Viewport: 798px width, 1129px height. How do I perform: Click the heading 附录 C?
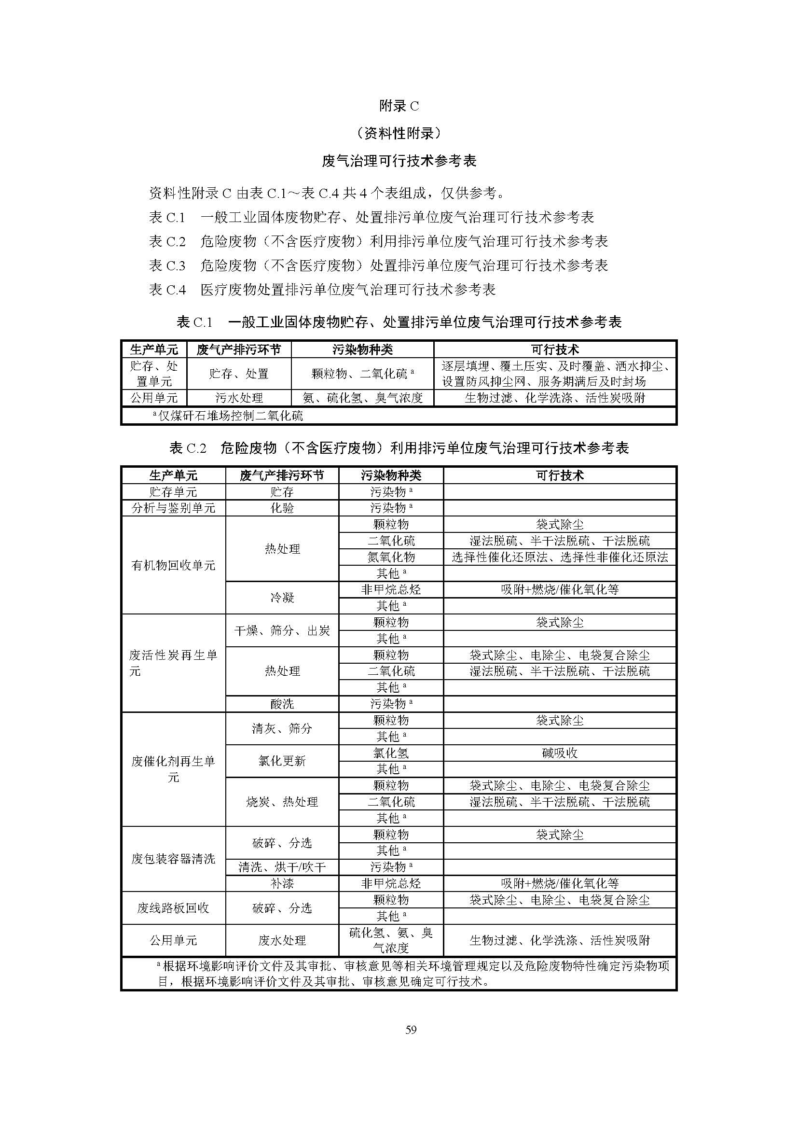point(399,106)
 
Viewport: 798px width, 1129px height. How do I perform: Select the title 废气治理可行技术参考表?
point(399,161)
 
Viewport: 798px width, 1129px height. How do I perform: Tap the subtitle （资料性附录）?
point(399,133)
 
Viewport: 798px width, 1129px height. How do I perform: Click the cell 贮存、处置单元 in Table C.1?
point(154,374)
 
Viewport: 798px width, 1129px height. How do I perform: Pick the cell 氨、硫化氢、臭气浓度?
point(362,398)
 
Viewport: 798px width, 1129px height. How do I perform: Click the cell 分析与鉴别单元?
point(174,508)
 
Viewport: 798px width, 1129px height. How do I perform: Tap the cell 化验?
point(282,508)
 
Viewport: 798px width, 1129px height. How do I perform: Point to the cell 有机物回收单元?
point(174,566)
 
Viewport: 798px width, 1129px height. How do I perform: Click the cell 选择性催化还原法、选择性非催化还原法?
point(560,557)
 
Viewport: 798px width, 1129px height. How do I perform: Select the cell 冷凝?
point(282,598)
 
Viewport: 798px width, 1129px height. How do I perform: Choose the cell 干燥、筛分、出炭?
point(282,630)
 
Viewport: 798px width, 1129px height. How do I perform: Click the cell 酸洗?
point(282,704)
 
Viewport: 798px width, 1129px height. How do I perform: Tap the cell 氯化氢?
point(391,753)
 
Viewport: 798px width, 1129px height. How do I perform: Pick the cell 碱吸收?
point(560,753)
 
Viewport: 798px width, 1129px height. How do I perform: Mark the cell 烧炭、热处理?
point(282,802)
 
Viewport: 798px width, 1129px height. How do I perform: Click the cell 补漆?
point(282,884)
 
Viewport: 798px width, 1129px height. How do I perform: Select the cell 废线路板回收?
point(174,908)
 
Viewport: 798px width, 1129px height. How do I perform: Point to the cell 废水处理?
point(282,941)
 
